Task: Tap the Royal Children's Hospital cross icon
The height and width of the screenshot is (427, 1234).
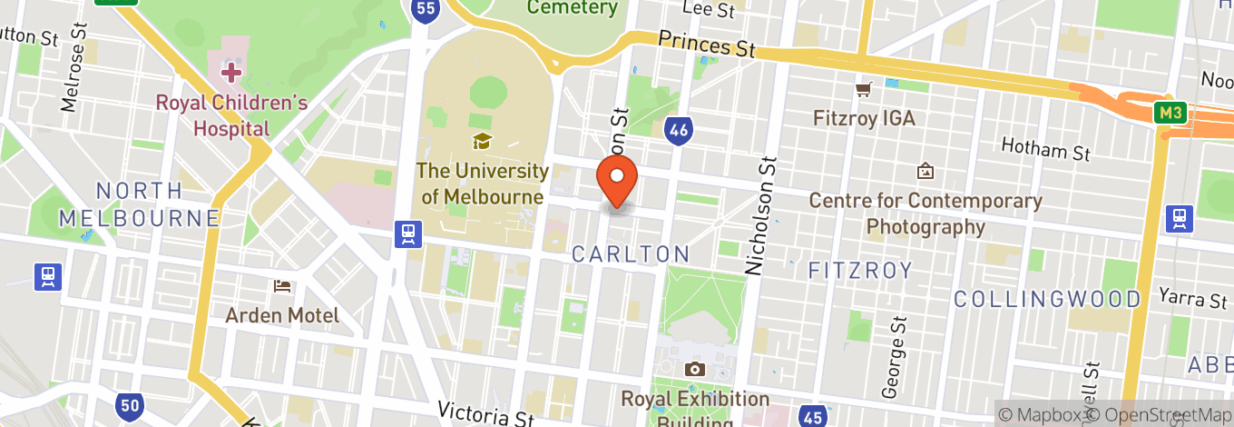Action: point(231,71)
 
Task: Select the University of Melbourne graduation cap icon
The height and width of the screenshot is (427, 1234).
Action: point(482,141)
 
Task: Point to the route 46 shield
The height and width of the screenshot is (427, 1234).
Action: point(677,131)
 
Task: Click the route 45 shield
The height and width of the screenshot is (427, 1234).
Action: point(813,416)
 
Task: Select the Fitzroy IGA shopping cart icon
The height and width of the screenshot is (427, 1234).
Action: point(863,89)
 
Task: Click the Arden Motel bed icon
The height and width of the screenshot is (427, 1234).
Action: point(282,286)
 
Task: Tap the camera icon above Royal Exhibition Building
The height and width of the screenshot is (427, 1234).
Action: point(695,369)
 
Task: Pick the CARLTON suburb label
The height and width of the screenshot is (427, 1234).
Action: point(631,254)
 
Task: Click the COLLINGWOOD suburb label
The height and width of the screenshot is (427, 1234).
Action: point(1047,299)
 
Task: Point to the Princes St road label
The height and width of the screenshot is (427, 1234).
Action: point(707,44)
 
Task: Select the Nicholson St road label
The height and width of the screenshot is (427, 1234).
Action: point(762,214)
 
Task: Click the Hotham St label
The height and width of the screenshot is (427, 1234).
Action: point(1045,149)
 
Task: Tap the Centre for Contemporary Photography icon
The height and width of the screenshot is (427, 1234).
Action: point(925,170)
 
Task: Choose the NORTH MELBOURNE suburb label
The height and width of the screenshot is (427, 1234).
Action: point(140,204)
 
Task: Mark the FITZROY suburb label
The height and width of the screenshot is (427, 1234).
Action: point(859,271)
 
